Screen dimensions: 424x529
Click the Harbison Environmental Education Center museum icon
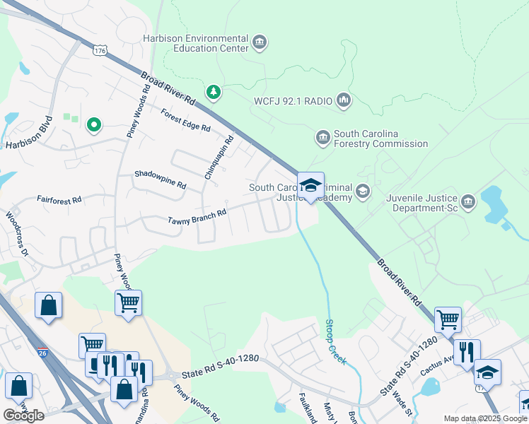(x=260, y=43)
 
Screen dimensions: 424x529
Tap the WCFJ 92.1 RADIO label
(x=293, y=101)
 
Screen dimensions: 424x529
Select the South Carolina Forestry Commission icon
(x=323, y=136)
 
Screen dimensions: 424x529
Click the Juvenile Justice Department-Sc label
(x=422, y=204)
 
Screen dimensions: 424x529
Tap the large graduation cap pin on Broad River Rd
(x=310, y=187)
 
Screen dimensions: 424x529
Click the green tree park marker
(x=213, y=92)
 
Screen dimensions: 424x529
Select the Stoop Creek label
(x=335, y=342)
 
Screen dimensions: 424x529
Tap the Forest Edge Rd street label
(x=185, y=120)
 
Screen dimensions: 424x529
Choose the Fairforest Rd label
(x=59, y=200)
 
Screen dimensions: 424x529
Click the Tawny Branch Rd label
(x=197, y=216)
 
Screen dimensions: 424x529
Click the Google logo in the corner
(x=23, y=416)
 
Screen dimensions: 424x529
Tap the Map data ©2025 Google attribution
(x=485, y=418)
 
